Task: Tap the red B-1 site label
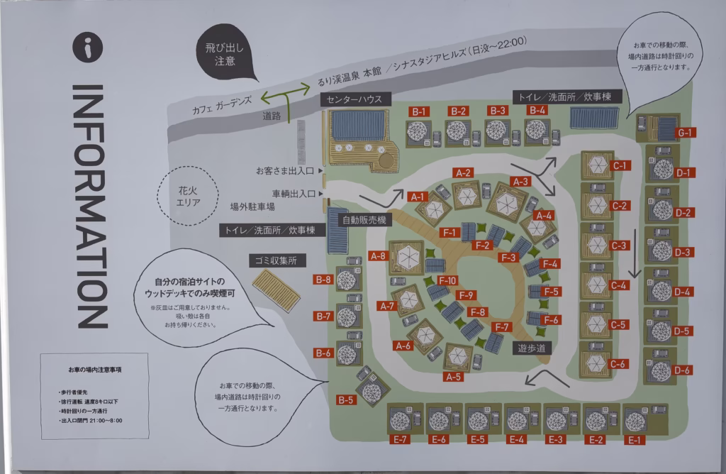tap(419, 111)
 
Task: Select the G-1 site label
tap(685, 132)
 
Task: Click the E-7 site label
tap(400, 439)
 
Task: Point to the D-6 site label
tap(683, 370)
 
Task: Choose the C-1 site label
tap(620, 165)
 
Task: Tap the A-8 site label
tap(379, 256)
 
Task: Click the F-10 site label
tap(449, 280)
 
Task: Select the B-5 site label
tap(346, 400)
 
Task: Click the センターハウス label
tap(354, 100)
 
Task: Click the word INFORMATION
tap(90, 206)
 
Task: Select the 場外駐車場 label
tap(252, 207)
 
